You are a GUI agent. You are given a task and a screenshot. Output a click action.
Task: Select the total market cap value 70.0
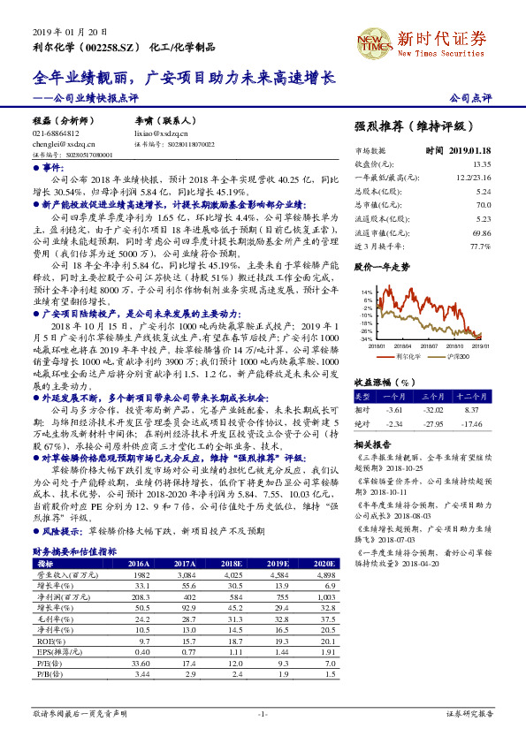[483, 204]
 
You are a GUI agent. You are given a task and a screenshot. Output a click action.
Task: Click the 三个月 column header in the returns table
[431, 398]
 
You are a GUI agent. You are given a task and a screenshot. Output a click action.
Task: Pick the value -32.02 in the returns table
[431, 410]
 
